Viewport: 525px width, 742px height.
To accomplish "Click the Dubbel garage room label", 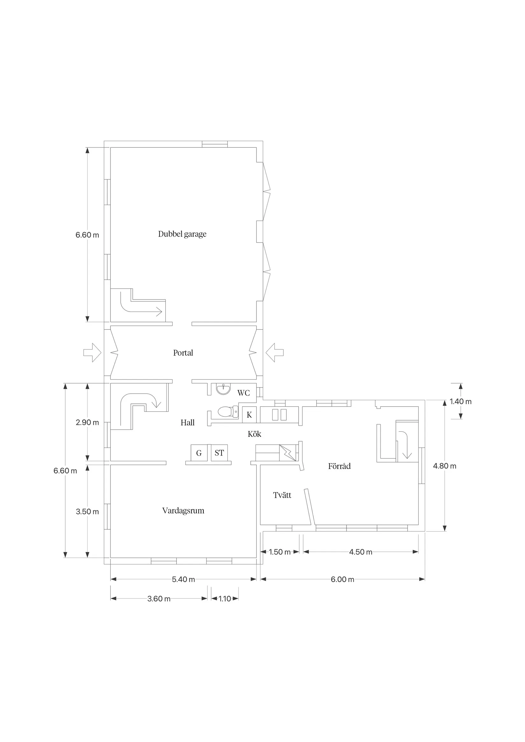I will coord(182,234).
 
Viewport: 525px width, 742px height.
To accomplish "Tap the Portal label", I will coord(183,353).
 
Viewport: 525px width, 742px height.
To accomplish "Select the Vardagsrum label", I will coord(183,511).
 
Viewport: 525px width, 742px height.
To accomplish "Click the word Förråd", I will coord(339,466).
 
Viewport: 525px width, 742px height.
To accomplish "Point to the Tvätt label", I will coord(282,495).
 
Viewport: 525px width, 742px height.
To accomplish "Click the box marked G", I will coord(199,453).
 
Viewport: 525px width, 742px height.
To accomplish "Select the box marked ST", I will coord(219,453).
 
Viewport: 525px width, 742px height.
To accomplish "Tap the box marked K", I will coord(249,415).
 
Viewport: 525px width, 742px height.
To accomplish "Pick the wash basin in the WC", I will coord(223,389).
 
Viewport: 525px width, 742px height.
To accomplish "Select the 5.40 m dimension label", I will coord(183,580).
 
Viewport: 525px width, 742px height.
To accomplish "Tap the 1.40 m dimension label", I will coord(460,402).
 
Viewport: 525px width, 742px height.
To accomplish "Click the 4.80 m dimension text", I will coord(444,466).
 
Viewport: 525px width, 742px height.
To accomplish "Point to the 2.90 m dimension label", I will coord(87,423).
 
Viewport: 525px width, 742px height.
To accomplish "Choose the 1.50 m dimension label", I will coord(280,552).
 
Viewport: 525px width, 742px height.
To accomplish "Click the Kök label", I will coord(254,434).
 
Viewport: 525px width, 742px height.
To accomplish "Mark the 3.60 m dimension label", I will coord(159,599).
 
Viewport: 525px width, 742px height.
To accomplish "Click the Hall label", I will coord(188,423).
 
